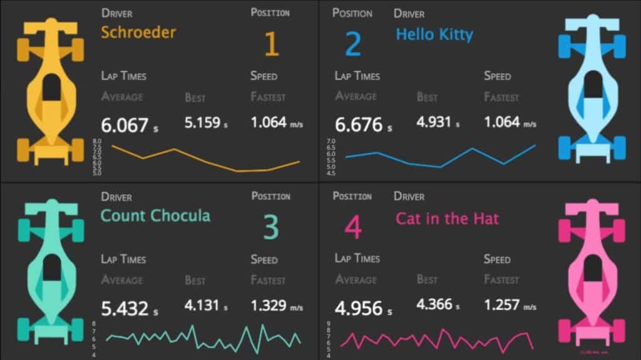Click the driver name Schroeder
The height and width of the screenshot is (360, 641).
point(138,33)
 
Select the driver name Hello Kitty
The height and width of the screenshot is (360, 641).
point(434,34)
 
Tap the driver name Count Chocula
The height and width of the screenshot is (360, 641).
point(155,216)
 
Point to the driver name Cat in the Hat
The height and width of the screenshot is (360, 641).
point(447,219)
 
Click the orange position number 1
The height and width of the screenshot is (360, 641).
point(270,44)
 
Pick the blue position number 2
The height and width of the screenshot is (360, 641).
point(353,44)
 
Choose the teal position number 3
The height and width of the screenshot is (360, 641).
point(270,228)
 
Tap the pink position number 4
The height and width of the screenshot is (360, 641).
point(353,228)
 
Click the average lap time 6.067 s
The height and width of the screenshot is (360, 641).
point(129,125)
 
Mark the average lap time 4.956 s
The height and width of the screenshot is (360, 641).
point(363,309)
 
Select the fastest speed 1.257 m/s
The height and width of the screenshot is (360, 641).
point(510,305)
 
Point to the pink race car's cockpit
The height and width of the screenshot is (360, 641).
point(591,269)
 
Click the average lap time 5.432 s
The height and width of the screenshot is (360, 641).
point(129,309)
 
